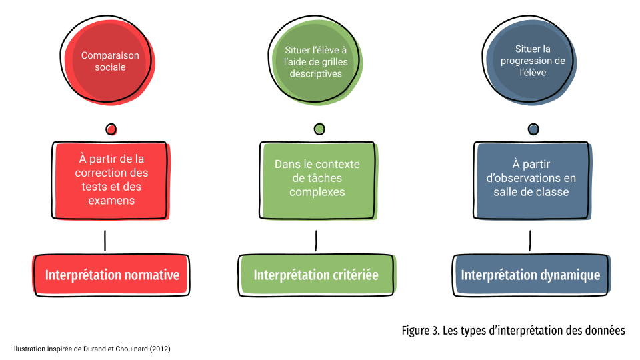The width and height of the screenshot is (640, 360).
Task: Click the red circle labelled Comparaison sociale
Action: [108, 61]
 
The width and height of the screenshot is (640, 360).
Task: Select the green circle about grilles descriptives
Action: [315, 61]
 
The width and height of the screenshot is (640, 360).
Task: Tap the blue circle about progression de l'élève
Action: [530, 61]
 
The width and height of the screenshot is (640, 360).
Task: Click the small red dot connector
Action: [111, 129]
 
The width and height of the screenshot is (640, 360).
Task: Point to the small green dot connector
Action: [319, 129]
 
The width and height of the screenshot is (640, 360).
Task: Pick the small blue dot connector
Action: [533, 129]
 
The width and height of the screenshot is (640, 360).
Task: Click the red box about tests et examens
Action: [111, 181]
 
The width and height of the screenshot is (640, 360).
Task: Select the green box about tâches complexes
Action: [318, 180]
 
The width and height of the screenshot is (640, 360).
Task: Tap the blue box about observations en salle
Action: [532, 180]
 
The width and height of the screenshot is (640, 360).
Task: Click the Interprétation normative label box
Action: [111, 275]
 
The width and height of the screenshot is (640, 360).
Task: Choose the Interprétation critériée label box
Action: [317, 275]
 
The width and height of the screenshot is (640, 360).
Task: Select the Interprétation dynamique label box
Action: [531, 275]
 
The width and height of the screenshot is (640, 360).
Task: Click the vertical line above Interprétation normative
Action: [105, 241]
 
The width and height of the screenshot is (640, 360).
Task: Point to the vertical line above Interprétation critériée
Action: [316, 241]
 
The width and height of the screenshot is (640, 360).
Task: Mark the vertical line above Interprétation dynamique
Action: [530, 241]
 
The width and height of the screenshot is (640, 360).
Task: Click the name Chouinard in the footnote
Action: [131, 349]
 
